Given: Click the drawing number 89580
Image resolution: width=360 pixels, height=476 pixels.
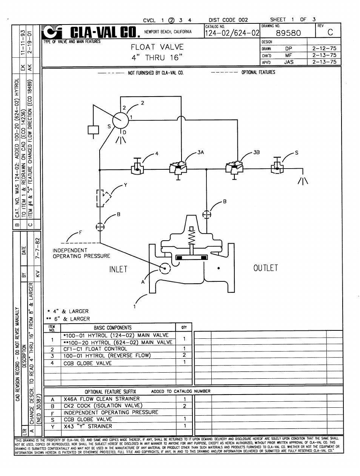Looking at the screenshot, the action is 288,33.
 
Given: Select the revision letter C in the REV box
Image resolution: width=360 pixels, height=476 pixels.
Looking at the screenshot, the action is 330,32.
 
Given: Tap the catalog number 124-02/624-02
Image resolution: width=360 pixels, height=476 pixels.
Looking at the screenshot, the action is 232,33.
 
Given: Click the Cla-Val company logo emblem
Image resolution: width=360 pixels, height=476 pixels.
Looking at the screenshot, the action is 52,32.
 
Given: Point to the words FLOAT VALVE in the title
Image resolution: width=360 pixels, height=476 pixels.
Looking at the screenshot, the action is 157,47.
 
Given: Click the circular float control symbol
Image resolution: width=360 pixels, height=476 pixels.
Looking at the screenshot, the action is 120,120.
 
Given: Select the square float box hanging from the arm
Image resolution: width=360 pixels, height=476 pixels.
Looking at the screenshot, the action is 93,130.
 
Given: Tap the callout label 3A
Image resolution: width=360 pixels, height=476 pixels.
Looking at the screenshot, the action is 201,152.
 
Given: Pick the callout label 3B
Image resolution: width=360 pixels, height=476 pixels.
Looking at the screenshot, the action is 257,152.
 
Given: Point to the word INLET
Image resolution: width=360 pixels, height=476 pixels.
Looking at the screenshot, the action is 118,269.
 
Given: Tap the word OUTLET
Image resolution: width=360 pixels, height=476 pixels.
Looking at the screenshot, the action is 266,268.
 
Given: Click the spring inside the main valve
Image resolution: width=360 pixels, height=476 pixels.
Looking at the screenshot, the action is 192,236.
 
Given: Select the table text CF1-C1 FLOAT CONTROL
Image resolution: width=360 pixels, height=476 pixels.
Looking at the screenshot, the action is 95,349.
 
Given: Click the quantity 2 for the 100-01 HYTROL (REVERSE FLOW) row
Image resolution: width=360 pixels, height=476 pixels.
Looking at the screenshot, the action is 184,355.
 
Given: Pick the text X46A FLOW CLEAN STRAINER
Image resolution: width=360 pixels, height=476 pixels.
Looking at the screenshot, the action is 102,399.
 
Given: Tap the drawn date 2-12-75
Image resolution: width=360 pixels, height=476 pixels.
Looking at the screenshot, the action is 324,48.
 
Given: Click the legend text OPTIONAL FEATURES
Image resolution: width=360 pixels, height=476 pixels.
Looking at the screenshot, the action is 258,72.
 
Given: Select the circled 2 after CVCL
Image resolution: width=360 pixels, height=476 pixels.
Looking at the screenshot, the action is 171,20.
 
